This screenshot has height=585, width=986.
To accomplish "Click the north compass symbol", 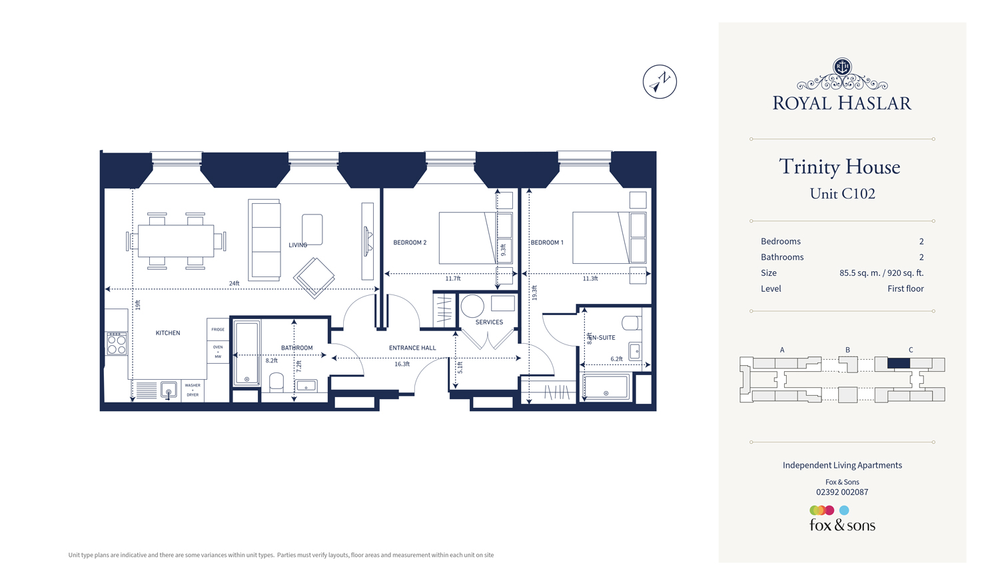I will (660, 82).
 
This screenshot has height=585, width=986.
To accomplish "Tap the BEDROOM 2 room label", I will (409, 243).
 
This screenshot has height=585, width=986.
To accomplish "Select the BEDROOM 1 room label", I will (546, 243).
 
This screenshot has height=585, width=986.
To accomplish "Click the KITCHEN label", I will (168, 333).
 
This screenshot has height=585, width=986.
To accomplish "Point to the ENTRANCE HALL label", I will (412, 348).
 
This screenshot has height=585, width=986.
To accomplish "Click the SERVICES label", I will (489, 322).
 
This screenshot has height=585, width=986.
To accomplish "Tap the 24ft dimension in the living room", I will (235, 284).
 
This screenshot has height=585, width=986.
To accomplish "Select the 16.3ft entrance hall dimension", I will (402, 364).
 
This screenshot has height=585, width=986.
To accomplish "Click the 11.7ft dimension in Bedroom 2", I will (453, 279).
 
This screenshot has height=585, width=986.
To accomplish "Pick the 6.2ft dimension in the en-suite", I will (616, 359).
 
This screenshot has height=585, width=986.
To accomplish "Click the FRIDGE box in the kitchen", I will (218, 329).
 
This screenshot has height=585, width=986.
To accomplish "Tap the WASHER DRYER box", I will (193, 390).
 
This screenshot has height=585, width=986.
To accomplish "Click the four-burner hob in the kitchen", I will (117, 344).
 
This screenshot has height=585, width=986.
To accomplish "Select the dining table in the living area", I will (175, 241).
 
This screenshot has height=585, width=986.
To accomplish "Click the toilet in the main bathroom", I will (276, 382).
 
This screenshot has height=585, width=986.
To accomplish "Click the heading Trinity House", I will (839, 167).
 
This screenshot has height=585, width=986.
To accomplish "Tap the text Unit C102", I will (842, 194).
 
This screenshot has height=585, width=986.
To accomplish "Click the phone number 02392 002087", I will (842, 492).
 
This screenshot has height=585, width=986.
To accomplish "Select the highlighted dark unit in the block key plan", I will (898, 364).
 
